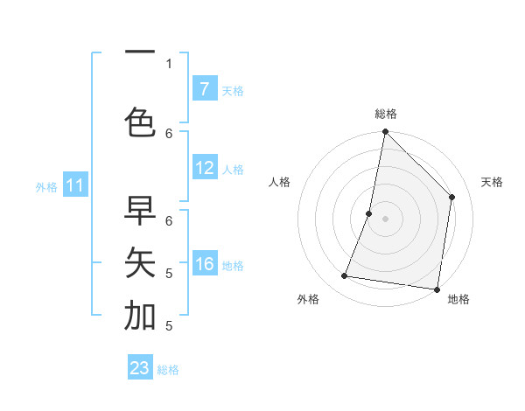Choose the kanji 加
[140, 316]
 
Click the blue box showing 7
[205, 89]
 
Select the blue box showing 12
[205, 168]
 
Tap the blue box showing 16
[205, 264]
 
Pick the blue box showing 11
[75, 185]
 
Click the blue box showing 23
[140, 368]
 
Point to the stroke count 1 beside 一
[169, 64]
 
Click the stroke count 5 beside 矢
[169, 273]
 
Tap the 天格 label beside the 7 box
[233, 90]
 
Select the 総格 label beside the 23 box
[168, 370]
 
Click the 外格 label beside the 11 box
[45, 186]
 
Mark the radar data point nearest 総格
[385, 132]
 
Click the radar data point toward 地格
[437, 289]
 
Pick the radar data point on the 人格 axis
[369, 213]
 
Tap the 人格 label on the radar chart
[279, 182]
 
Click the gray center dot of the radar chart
[385, 219]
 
